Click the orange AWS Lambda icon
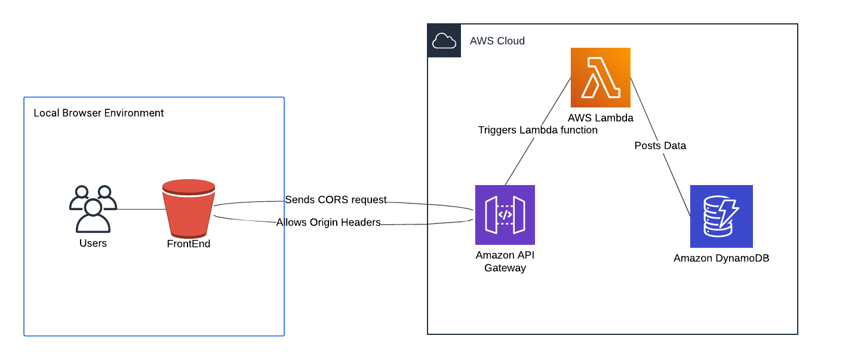coord(600,78)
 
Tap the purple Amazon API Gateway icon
coord(505,215)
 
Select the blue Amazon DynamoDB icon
coord(721,216)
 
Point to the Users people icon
coord(93,208)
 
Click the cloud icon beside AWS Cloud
coord(444,41)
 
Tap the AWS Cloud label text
coord(497,41)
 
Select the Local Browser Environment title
coord(99,113)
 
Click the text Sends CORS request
coord(336,199)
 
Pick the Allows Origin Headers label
coord(328,222)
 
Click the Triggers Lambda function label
coord(537,130)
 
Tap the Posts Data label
coord(660,145)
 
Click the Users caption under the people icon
coord(93,243)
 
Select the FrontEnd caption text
coord(189,244)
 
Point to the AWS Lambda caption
coord(600,118)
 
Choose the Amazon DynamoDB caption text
coord(721,258)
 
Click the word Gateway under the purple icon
coord(505,268)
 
